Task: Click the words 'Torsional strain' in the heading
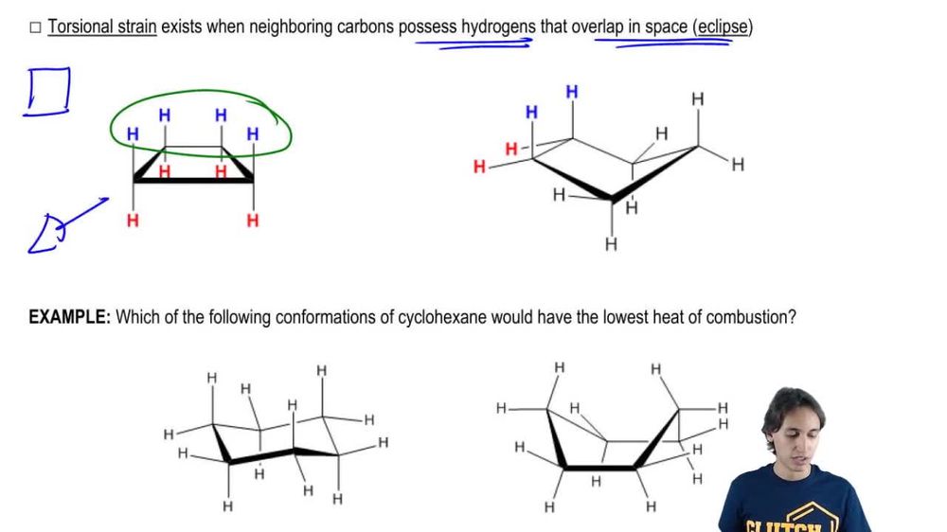[x=102, y=27]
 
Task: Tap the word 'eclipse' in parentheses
[x=723, y=27]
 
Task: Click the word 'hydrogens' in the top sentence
[x=499, y=27]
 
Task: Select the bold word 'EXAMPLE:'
[x=70, y=317]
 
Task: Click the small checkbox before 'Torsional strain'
[x=35, y=27]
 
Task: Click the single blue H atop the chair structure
[x=572, y=92]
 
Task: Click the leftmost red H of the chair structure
[x=479, y=168]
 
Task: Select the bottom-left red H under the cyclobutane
[x=133, y=221]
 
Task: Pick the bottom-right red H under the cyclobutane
[x=253, y=221]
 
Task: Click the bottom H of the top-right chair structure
[x=611, y=244]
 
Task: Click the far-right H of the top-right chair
[x=738, y=165]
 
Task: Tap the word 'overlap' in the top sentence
[x=598, y=27]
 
